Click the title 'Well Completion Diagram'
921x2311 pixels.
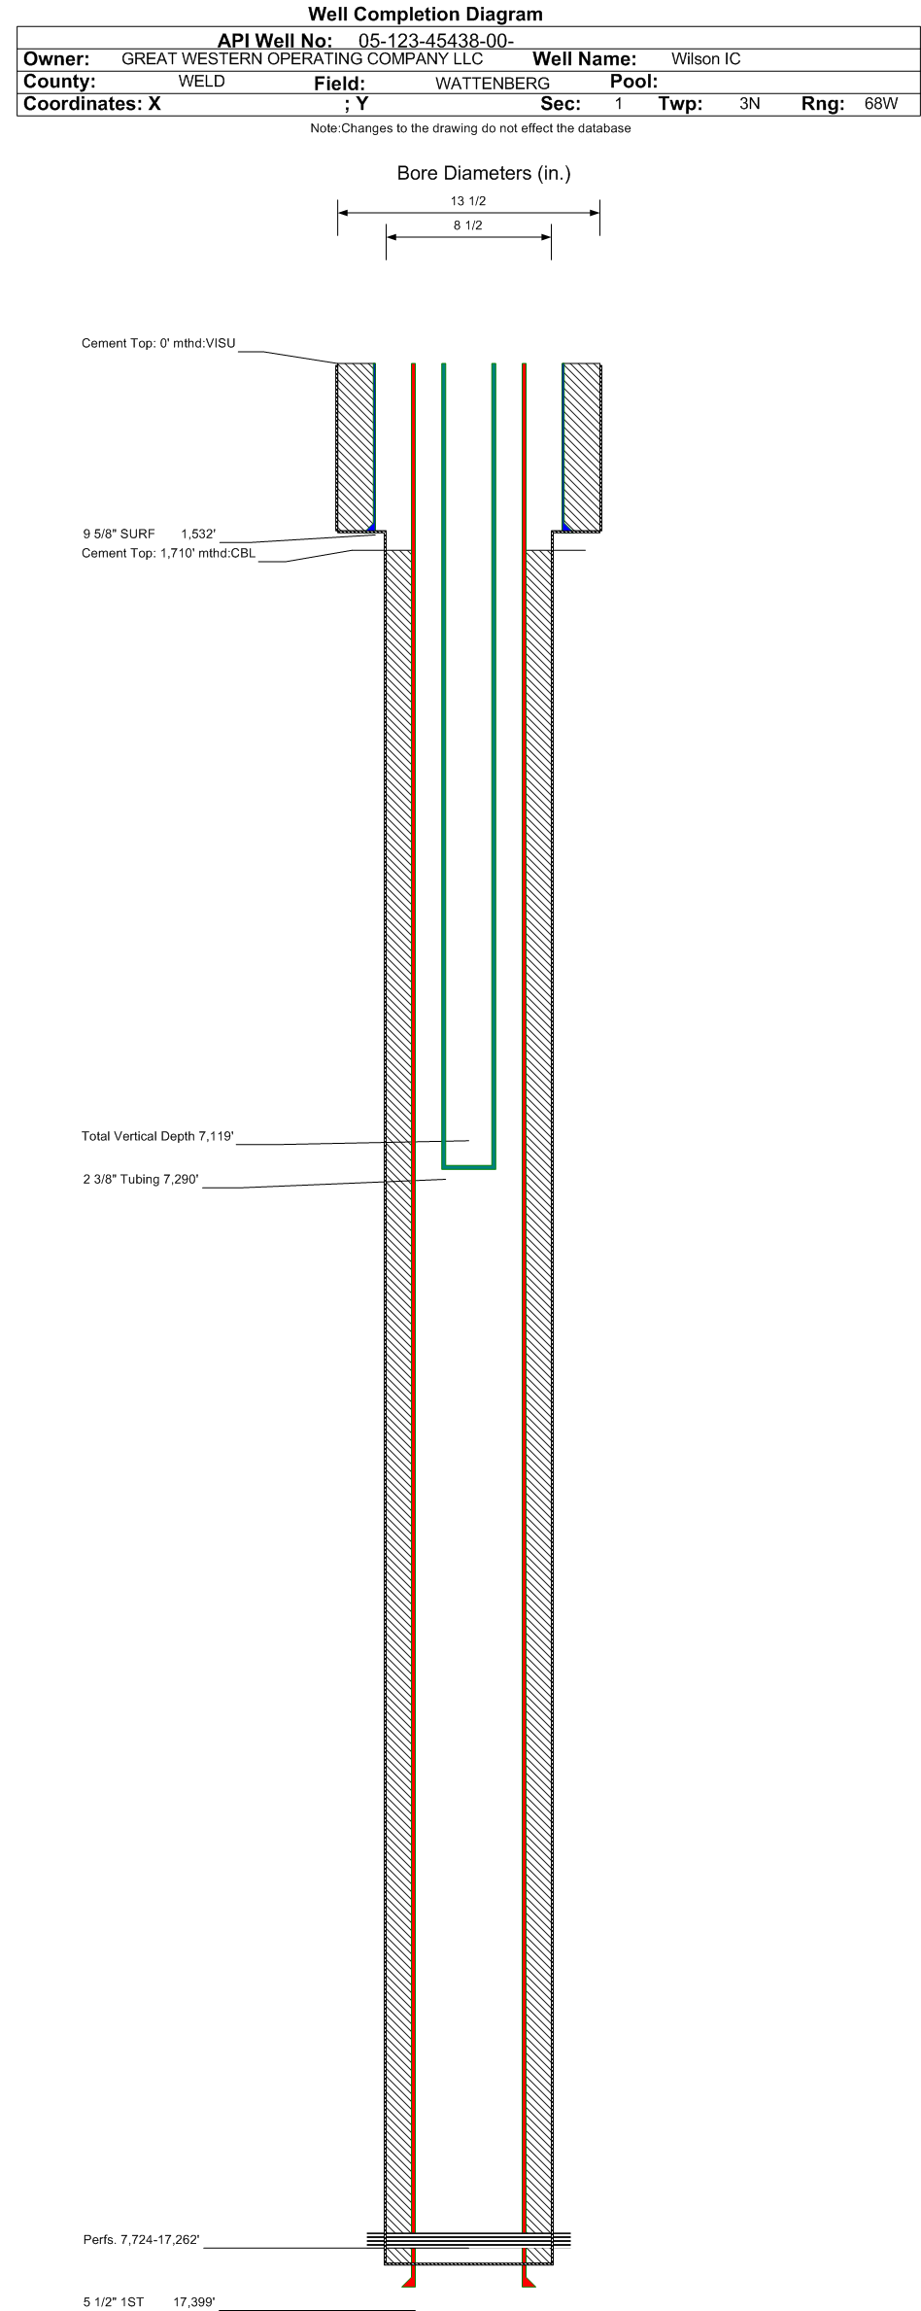coord(425,14)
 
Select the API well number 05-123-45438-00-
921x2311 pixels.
coord(435,41)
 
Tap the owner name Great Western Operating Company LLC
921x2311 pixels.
coord(301,58)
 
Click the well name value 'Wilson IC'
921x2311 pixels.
coord(705,58)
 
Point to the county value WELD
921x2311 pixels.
coord(201,82)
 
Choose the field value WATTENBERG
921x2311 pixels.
coord(492,84)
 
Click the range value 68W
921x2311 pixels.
coord(880,103)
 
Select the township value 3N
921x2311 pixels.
coord(749,103)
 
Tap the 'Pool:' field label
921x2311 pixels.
coord(633,82)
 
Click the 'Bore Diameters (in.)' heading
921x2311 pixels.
coord(483,173)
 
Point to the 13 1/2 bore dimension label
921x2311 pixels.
coord(467,201)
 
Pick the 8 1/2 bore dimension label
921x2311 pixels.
coord(467,225)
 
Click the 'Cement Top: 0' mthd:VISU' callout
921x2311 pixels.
coord(158,343)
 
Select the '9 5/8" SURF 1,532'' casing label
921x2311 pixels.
coord(149,534)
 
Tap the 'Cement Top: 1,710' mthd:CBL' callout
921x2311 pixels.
coord(168,553)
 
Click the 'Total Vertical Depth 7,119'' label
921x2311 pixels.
coord(157,1136)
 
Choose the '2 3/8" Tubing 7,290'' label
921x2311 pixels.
coord(141,1179)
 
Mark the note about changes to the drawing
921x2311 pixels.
coord(470,128)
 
